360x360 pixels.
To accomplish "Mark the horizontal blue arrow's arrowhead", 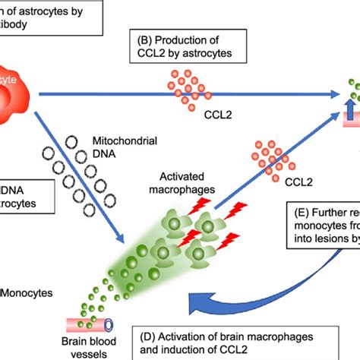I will click(334, 92).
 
